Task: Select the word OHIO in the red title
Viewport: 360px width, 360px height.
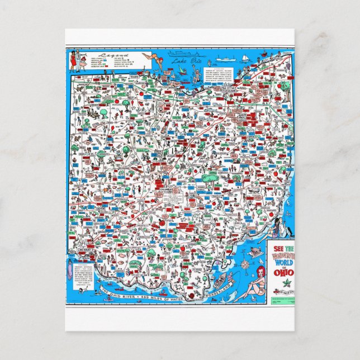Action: (x=280, y=273)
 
